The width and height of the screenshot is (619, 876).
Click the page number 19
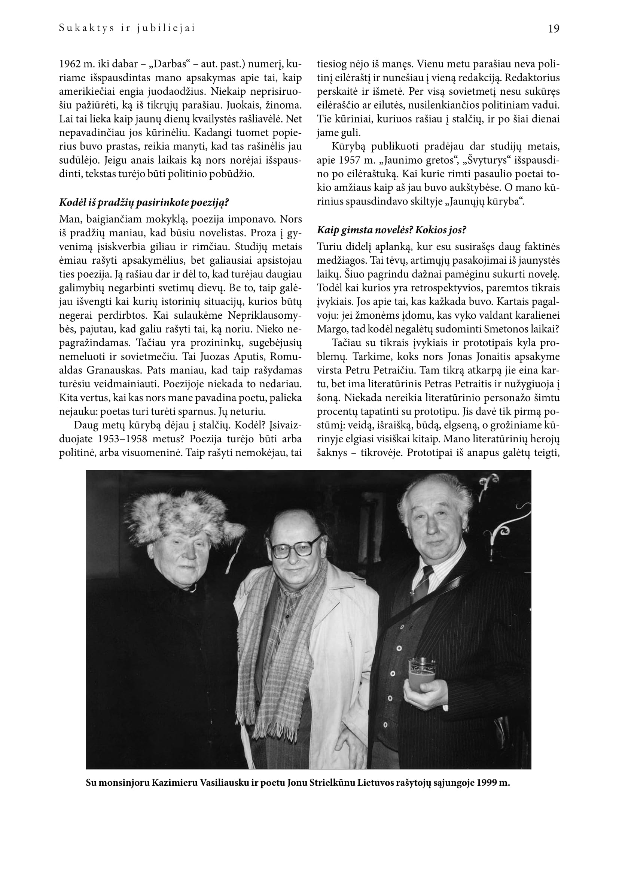click(554, 29)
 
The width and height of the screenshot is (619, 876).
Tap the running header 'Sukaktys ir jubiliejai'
click(127, 28)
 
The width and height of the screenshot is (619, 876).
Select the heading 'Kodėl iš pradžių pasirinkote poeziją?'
click(144, 202)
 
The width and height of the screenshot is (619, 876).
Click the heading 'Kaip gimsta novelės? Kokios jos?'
click(391, 230)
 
